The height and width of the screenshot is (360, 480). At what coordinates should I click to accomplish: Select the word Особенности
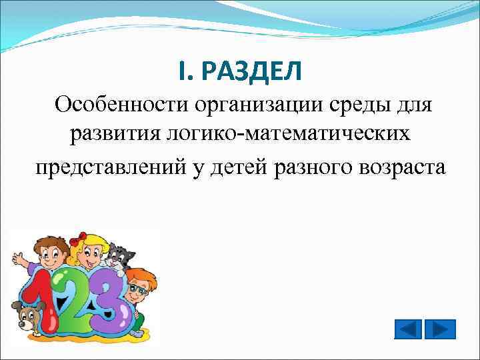pos(121,105)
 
